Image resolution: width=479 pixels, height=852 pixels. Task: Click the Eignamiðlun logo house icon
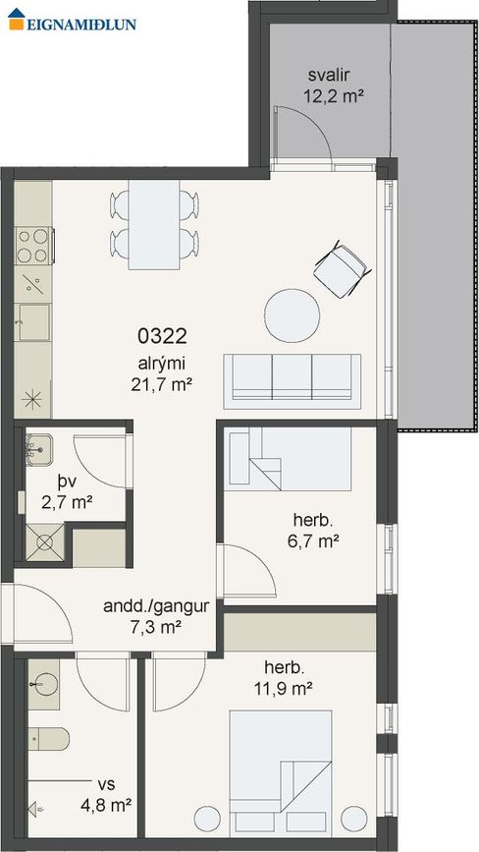click(x=17, y=19)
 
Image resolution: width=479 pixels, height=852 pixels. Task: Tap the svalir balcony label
click(x=327, y=75)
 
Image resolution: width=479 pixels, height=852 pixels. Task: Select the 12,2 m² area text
click(x=333, y=96)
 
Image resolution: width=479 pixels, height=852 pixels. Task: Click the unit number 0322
click(x=162, y=337)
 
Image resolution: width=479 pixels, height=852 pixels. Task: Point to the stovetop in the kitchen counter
click(x=34, y=246)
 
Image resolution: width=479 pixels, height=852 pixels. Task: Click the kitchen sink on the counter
click(x=33, y=322)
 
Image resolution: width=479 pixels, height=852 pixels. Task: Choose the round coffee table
click(x=292, y=316)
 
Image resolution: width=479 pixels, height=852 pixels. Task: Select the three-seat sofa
click(x=293, y=381)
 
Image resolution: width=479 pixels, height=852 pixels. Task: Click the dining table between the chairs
click(x=154, y=224)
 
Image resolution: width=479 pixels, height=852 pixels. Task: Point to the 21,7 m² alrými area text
click(x=162, y=385)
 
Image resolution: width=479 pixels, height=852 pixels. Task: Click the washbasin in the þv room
click(x=38, y=449)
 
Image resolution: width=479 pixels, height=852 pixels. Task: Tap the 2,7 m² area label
click(x=67, y=502)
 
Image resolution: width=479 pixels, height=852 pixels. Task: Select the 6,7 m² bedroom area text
click(x=312, y=541)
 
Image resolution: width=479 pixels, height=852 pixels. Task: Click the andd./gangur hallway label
click(x=156, y=607)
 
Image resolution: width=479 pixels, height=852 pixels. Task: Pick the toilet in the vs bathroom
click(x=48, y=739)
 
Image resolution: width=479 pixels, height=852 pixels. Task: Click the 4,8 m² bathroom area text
click(x=106, y=805)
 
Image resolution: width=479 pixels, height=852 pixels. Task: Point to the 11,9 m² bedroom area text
click(x=283, y=690)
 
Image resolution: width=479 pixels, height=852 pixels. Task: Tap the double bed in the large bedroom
click(x=281, y=771)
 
